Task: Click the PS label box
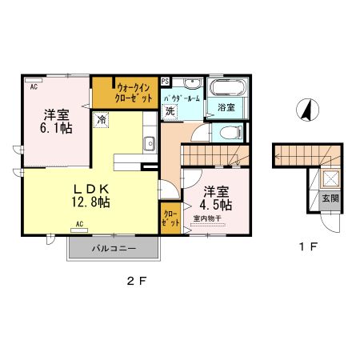pyautogui.click(x=165, y=82)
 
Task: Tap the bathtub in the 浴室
pyautogui.click(x=227, y=87)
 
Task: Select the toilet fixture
pyautogui.click(x=230, y=133)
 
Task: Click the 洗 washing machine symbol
pyautogui.click(x=170, y=111)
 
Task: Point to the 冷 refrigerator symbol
pyautogui.click(x=101, y=120)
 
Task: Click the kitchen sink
pyautogui.click(x=150, y=144)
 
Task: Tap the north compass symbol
pyautogui.click(x=307, y=110)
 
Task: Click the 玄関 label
pyautogui.click(x=330, y=198)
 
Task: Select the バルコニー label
pyautogui.click(x=114, y=249)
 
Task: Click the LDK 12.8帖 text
pyautogui.click(x=90, y=196)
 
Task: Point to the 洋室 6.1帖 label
pyautogui.click(x=56, y=122)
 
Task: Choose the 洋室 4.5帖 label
pyautogui.click(x=216, y=198)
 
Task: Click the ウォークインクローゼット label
pyautogui.click(x=134, y=93)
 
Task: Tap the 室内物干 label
pyautogui.click(x=207, y=218)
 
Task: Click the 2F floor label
pyautogui.click(x=137, y=281)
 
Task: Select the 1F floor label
pyautogui.click(x=308, y=246)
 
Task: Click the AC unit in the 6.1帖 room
pyautogui.click(x=34, y=80)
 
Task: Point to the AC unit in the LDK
pyautogui.click(x=79, y=230)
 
